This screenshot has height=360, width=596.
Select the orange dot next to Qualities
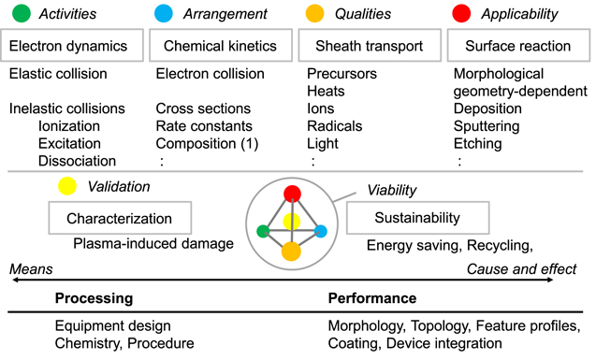click(x=316, y=14)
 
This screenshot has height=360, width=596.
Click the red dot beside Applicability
click(x=461, y=14)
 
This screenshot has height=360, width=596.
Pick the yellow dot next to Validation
click(x=65, y=186)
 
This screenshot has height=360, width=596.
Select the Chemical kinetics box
click(x=219, y=45)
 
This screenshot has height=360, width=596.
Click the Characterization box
click(x=119, y=219)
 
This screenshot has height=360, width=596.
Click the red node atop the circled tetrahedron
click(x=292, y=194)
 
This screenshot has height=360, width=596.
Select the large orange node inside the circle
click(x=292, y=250)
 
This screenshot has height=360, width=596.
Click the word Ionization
click(x=71, y=125)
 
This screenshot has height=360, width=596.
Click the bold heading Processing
click(x=93, y=298)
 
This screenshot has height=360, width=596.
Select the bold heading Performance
click(x=371, y=298)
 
